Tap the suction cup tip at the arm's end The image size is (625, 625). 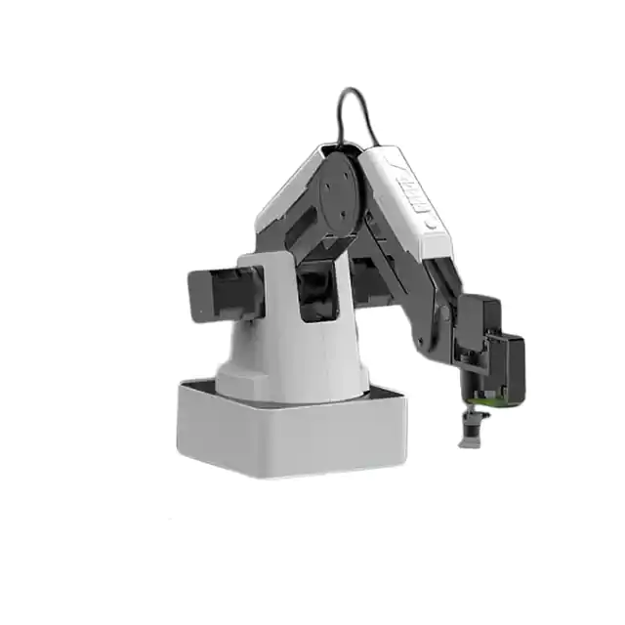[472, 431]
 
